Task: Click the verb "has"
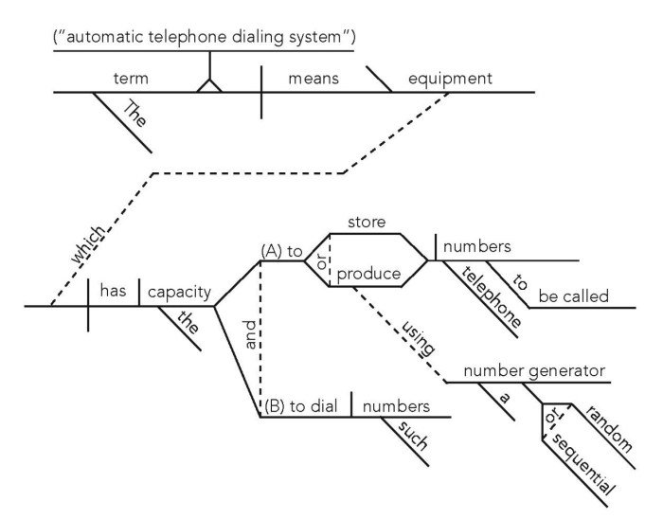(x=114, y=294)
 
